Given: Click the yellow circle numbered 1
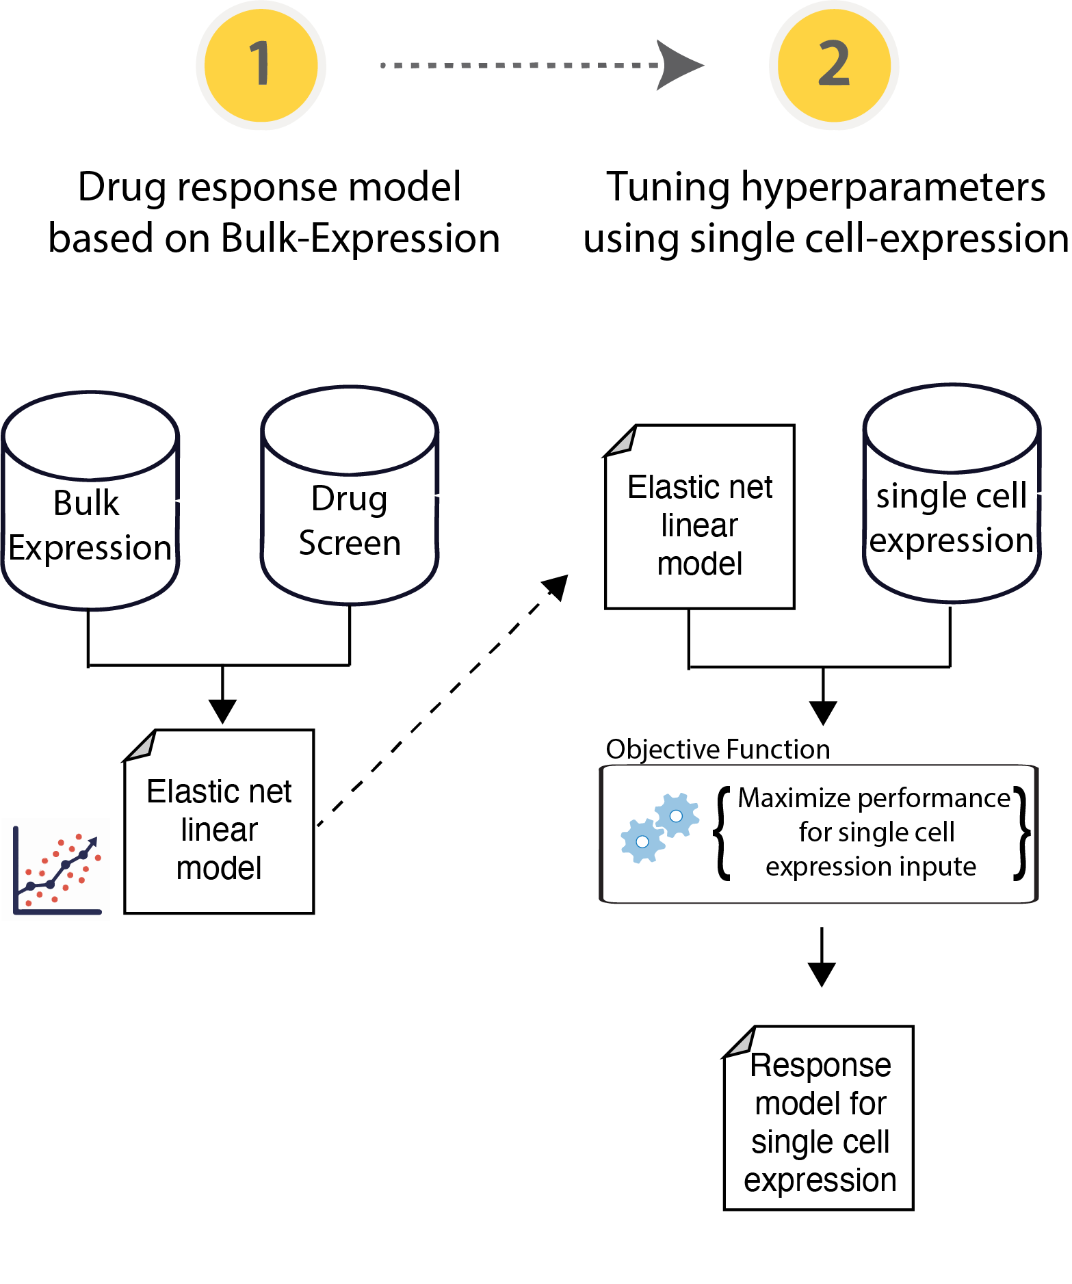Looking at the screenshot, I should click(261, 65).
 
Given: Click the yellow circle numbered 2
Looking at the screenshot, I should click(834, 65).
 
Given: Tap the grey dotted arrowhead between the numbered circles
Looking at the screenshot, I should click(677, 65).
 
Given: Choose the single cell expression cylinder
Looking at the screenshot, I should click(952, 495).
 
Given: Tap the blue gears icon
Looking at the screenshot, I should click(659, 828).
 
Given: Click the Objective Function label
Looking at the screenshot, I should click(718, 750).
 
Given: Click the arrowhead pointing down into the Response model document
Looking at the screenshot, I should click(822, 974).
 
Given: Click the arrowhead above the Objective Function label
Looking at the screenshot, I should click(823, 712).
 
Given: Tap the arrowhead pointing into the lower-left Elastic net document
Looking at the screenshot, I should click(222, 711).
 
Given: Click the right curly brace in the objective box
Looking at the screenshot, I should click(1022, 833).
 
